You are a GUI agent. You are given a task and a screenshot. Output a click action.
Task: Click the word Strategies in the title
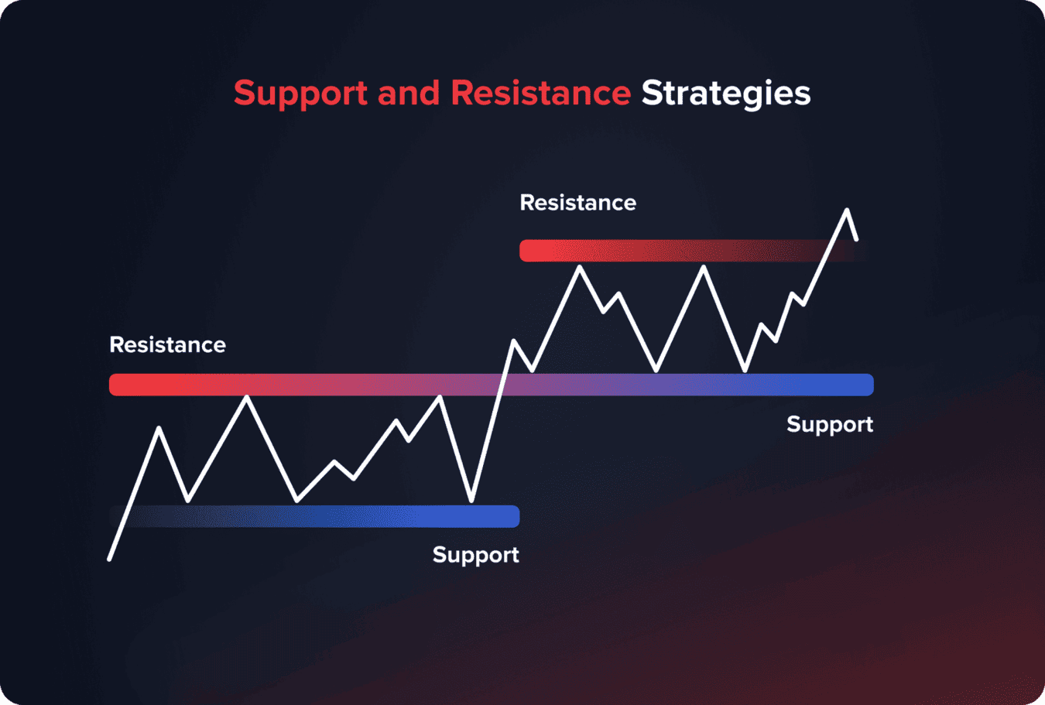pyautogui.click(x=725, y=94)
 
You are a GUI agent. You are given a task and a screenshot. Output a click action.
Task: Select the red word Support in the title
pyautogui.click(x=300, y=94)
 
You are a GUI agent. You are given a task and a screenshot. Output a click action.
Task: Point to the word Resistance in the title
pyautogui.click(x=540, y=93)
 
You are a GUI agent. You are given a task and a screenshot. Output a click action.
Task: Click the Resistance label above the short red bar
pyautogui.click(x=577, y=203)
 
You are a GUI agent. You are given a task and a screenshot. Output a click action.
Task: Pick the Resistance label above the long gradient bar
pyautogui.click(x=167, y=345)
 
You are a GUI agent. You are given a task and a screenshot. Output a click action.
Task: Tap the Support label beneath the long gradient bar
pyautogui.click(x=829, y=424)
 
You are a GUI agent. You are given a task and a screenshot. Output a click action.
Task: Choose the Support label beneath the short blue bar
pyautogui.click(x=475, y=555)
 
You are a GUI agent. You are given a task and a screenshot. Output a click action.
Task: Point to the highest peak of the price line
pyautogui.click(x=847, y=210)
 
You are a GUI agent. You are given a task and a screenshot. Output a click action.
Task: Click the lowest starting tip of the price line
pyautogui.click(x=110, y=558)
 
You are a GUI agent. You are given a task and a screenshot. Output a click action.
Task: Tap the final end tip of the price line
pyautogui.click(x=856, y=239)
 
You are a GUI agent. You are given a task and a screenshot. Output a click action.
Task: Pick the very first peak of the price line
pyautogui.click(x=159, y=428)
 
